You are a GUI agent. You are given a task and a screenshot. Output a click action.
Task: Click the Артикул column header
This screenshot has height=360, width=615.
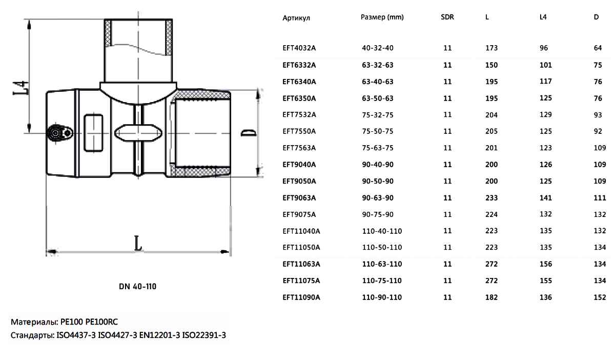click(296, 18)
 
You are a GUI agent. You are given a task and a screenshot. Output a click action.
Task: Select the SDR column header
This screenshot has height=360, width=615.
click(447, 17)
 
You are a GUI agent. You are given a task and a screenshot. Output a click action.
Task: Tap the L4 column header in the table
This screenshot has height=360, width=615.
click(543, 17)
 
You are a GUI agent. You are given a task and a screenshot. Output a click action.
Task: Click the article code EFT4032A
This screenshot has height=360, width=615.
click(299, 48)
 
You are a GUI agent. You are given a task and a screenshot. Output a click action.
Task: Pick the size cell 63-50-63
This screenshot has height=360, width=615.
click(378, 98)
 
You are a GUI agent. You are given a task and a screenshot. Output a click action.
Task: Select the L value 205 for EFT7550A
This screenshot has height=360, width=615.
click(491, 131)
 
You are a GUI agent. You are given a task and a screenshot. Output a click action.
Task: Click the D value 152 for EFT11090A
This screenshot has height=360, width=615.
click(600, 297)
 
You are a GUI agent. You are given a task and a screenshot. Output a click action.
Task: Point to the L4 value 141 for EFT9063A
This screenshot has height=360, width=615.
click(545, 198)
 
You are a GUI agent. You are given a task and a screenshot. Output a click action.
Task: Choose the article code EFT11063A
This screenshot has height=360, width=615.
click(301, 264)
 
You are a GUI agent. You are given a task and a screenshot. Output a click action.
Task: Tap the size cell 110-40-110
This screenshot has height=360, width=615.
click(382, 231)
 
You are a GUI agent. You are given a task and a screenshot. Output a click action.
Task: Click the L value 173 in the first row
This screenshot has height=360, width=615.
click(491, 48)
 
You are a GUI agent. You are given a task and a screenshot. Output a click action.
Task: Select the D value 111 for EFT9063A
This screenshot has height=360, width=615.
click(600, 198)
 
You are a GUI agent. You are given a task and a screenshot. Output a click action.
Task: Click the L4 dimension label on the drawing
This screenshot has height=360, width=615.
click(20, 88)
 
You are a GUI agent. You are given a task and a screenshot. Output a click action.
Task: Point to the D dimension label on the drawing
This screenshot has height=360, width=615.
click(249, 133)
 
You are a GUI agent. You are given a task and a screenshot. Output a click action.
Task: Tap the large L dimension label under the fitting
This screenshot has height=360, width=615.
click(138, 243)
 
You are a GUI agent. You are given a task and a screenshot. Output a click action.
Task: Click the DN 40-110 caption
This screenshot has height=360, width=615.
click(137, 287)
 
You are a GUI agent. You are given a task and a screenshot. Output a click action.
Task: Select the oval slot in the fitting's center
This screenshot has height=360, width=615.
click(138, 133)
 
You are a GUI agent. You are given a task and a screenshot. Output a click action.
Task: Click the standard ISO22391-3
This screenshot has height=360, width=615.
click(204, 335)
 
